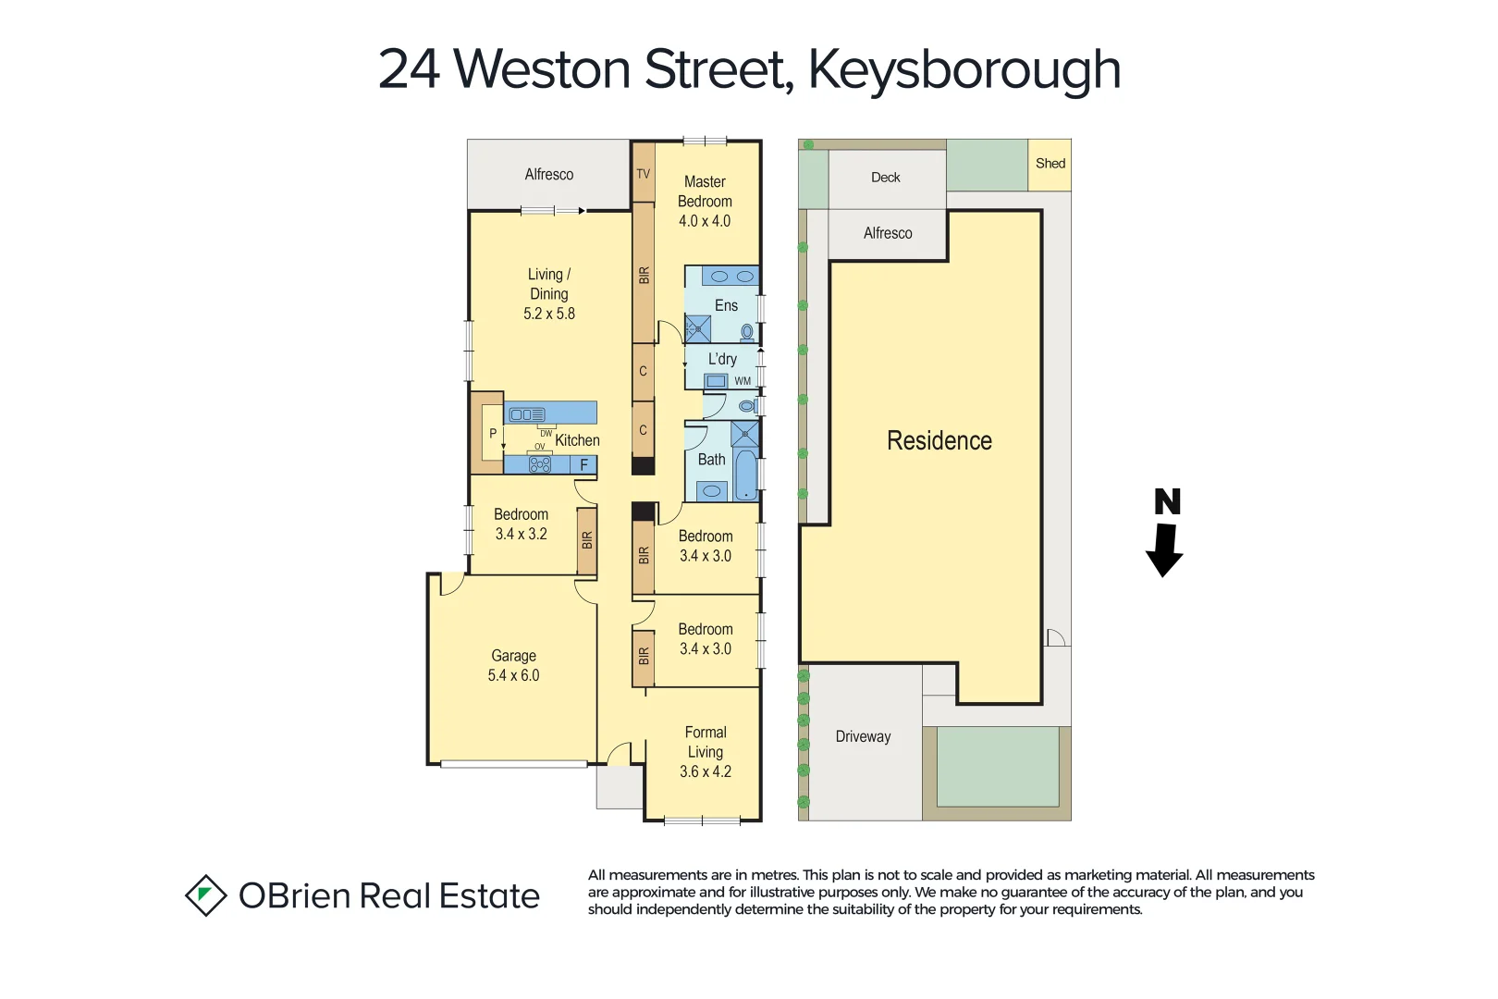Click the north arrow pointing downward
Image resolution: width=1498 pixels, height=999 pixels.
[x=1164, y=549]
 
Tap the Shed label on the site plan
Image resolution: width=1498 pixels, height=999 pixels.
[x=1050, y=164]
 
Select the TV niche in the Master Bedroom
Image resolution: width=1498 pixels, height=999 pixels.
[x=644, y=173]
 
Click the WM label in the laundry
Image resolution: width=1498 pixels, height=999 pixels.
[x=743, y=381]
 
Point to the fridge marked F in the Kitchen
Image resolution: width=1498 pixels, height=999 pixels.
[x=583, y=465]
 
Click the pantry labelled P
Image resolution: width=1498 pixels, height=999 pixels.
[x=493, y=433]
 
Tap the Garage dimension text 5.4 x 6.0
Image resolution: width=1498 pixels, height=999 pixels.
[x=513, y=675]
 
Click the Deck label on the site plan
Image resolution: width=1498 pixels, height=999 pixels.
[x=885, y=178]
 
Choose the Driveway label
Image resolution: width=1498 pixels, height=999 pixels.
[x=863, y=736]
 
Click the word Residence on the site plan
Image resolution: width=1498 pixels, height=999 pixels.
[x=939, y=440]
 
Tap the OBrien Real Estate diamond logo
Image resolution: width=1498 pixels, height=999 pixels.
[x=205, y=895]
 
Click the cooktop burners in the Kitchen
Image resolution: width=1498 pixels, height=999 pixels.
[x=540, y=464]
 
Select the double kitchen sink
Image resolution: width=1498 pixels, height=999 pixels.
[x=527, y=414]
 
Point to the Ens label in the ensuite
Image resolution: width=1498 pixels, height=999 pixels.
[x=726, y=305]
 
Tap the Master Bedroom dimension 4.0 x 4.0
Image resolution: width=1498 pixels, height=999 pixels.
[x=705, y=221]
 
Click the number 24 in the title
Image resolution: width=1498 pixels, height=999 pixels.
[x=409, y=69]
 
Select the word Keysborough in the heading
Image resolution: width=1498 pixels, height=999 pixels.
[x=964, y=69]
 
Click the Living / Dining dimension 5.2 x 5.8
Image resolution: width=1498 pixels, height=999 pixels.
[x=549, y=314]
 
